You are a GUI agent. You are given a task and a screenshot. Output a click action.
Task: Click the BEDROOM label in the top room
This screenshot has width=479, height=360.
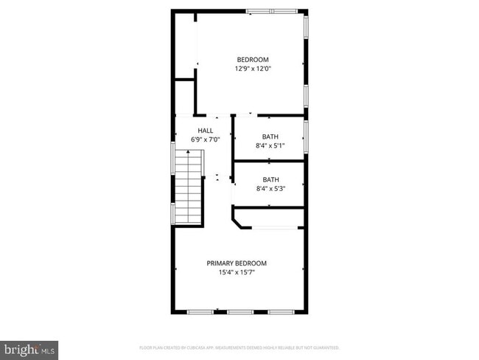[x=252, y=60]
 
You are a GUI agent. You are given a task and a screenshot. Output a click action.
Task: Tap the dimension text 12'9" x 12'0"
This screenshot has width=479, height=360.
[x=252, y=69]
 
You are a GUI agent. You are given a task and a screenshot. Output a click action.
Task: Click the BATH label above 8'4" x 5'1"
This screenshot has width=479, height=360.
[x=270, y=136]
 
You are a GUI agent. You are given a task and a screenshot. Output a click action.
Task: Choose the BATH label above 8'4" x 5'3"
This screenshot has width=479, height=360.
[x=270, y=179]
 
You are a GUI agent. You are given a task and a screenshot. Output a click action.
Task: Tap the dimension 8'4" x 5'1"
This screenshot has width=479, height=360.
[x=270, y=145]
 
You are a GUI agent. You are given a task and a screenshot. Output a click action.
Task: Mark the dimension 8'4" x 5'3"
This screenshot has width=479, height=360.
[x=270, y=188]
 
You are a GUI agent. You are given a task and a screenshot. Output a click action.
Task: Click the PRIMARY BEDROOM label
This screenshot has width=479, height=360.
[x=236, y=263]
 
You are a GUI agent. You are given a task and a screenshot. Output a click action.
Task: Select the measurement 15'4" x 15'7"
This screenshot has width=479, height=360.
[x=236, y=272]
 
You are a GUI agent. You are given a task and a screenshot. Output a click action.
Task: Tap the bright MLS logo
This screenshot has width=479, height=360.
[x=29, y=348]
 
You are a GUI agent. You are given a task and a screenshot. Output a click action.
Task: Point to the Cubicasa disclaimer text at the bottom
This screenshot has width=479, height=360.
[x=239, y=347]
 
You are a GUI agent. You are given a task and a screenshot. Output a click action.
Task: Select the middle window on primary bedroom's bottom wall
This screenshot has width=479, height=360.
[x=239, y=312]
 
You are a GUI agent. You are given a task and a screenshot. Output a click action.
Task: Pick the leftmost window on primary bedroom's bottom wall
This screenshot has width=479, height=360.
[x=199, y=312]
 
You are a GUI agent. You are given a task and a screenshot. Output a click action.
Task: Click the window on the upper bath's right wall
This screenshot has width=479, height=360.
[x=306, y=136]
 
